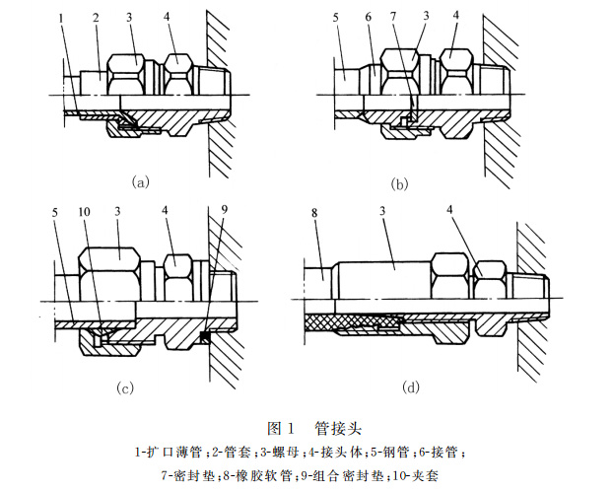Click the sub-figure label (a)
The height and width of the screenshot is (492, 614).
coord(140,181)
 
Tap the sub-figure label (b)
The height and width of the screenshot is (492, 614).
coord(399,183)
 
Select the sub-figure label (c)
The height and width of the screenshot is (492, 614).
coord(125,387)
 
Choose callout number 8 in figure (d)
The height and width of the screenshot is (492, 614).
coord(312,212)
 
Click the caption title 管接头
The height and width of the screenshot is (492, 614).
coord(335,428)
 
